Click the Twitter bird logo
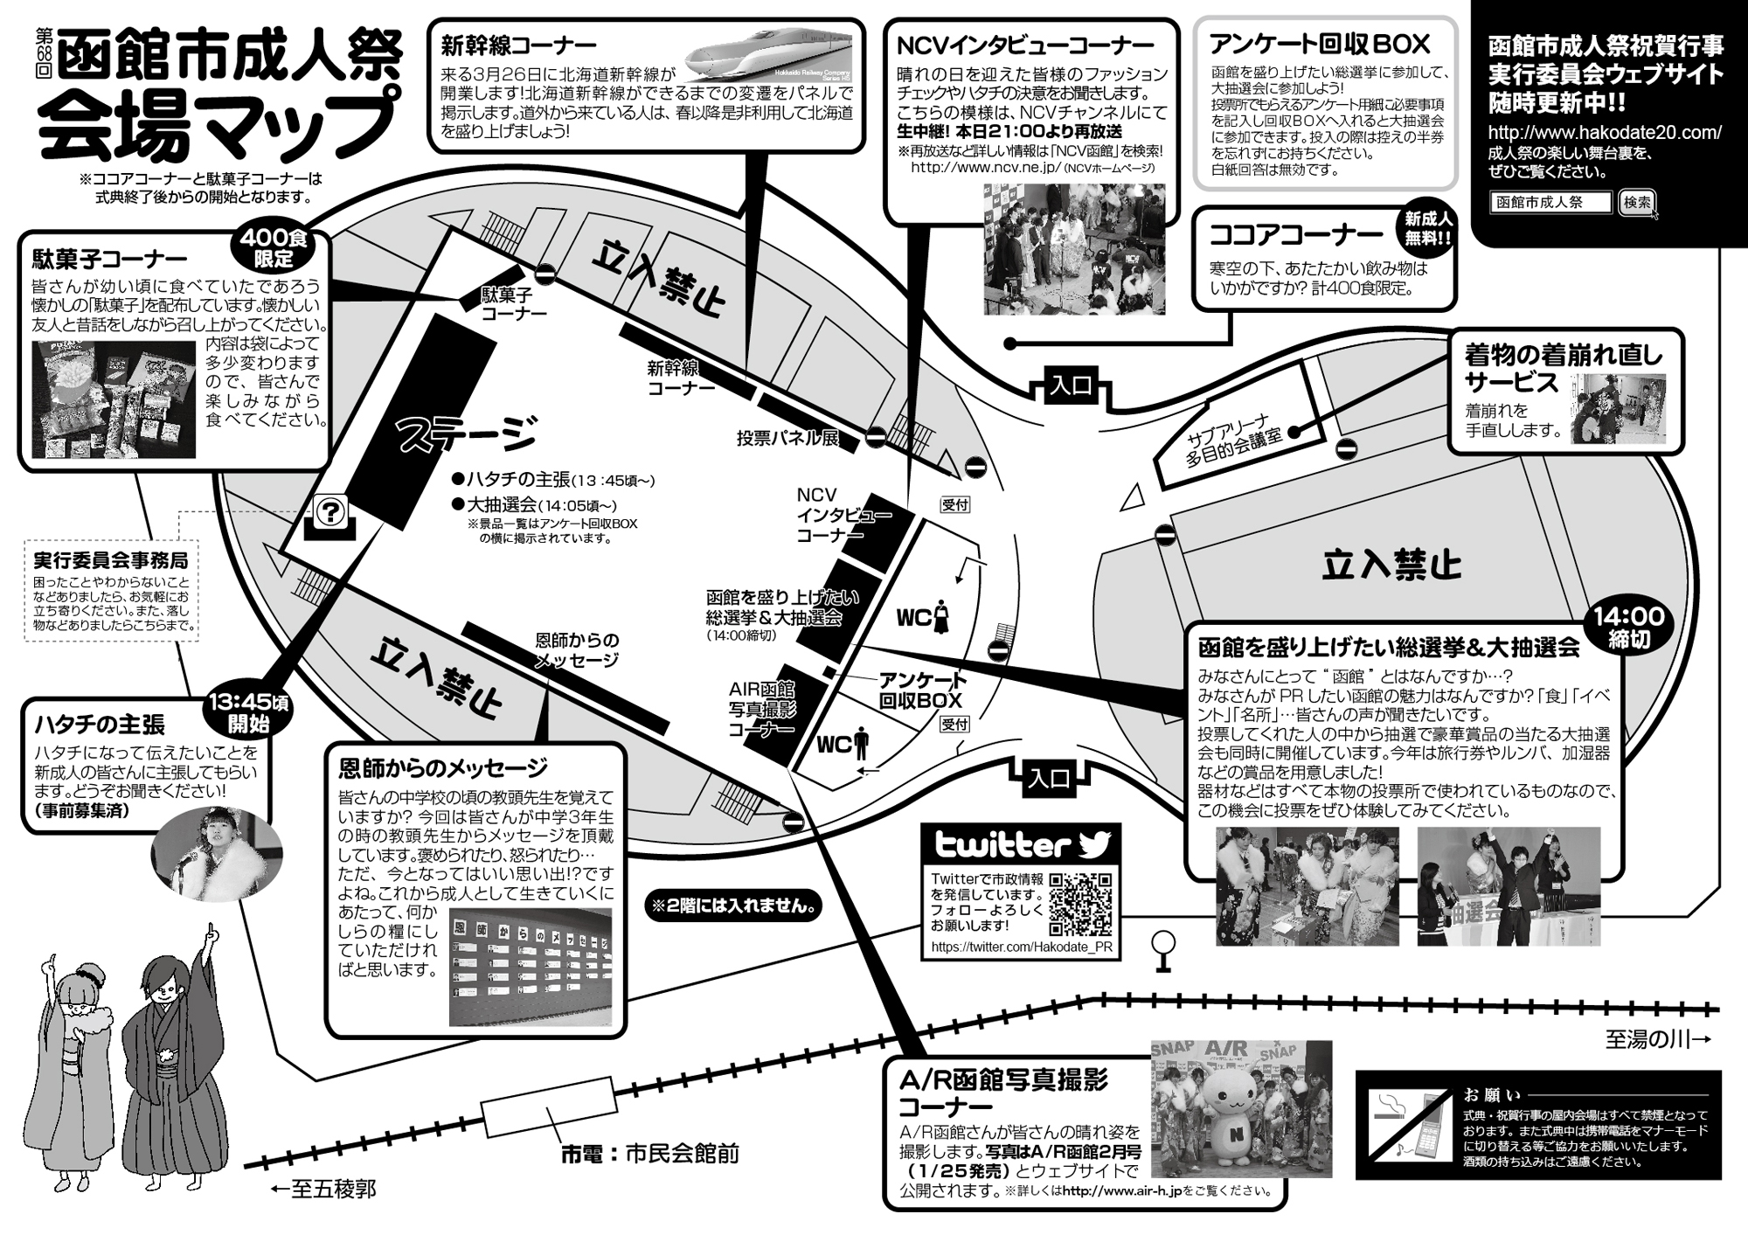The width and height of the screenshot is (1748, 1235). point(1093,843)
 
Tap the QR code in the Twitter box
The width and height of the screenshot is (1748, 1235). point(1080,904)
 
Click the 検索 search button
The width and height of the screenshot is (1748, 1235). point(1637,203)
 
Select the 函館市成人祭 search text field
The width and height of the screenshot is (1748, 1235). point(1550,203)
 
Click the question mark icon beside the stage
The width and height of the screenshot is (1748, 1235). point(331,512)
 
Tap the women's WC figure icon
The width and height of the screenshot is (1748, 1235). point(942,616)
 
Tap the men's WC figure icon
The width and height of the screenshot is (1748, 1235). point(862,744)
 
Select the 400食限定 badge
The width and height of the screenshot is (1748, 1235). point(274,247)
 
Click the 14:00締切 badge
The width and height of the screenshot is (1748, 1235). point(1628,627)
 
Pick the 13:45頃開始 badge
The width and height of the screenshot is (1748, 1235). point(249,713)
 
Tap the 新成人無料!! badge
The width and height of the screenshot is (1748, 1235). point(1428,228)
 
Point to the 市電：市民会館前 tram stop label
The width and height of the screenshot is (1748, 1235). point(650,1154)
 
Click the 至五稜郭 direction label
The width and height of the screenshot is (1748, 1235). point(323,1190)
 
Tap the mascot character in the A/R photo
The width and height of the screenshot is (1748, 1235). point(1234,1119)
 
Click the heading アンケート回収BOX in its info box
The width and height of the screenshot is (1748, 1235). point(1320,44)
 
